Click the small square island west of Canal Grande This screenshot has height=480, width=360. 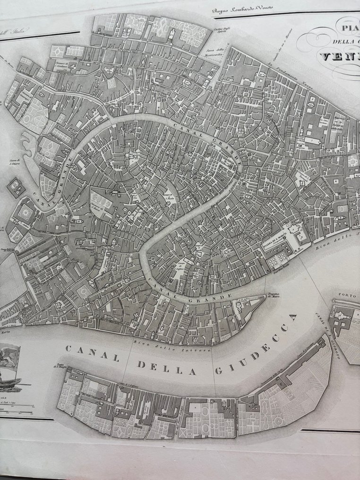16,188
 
